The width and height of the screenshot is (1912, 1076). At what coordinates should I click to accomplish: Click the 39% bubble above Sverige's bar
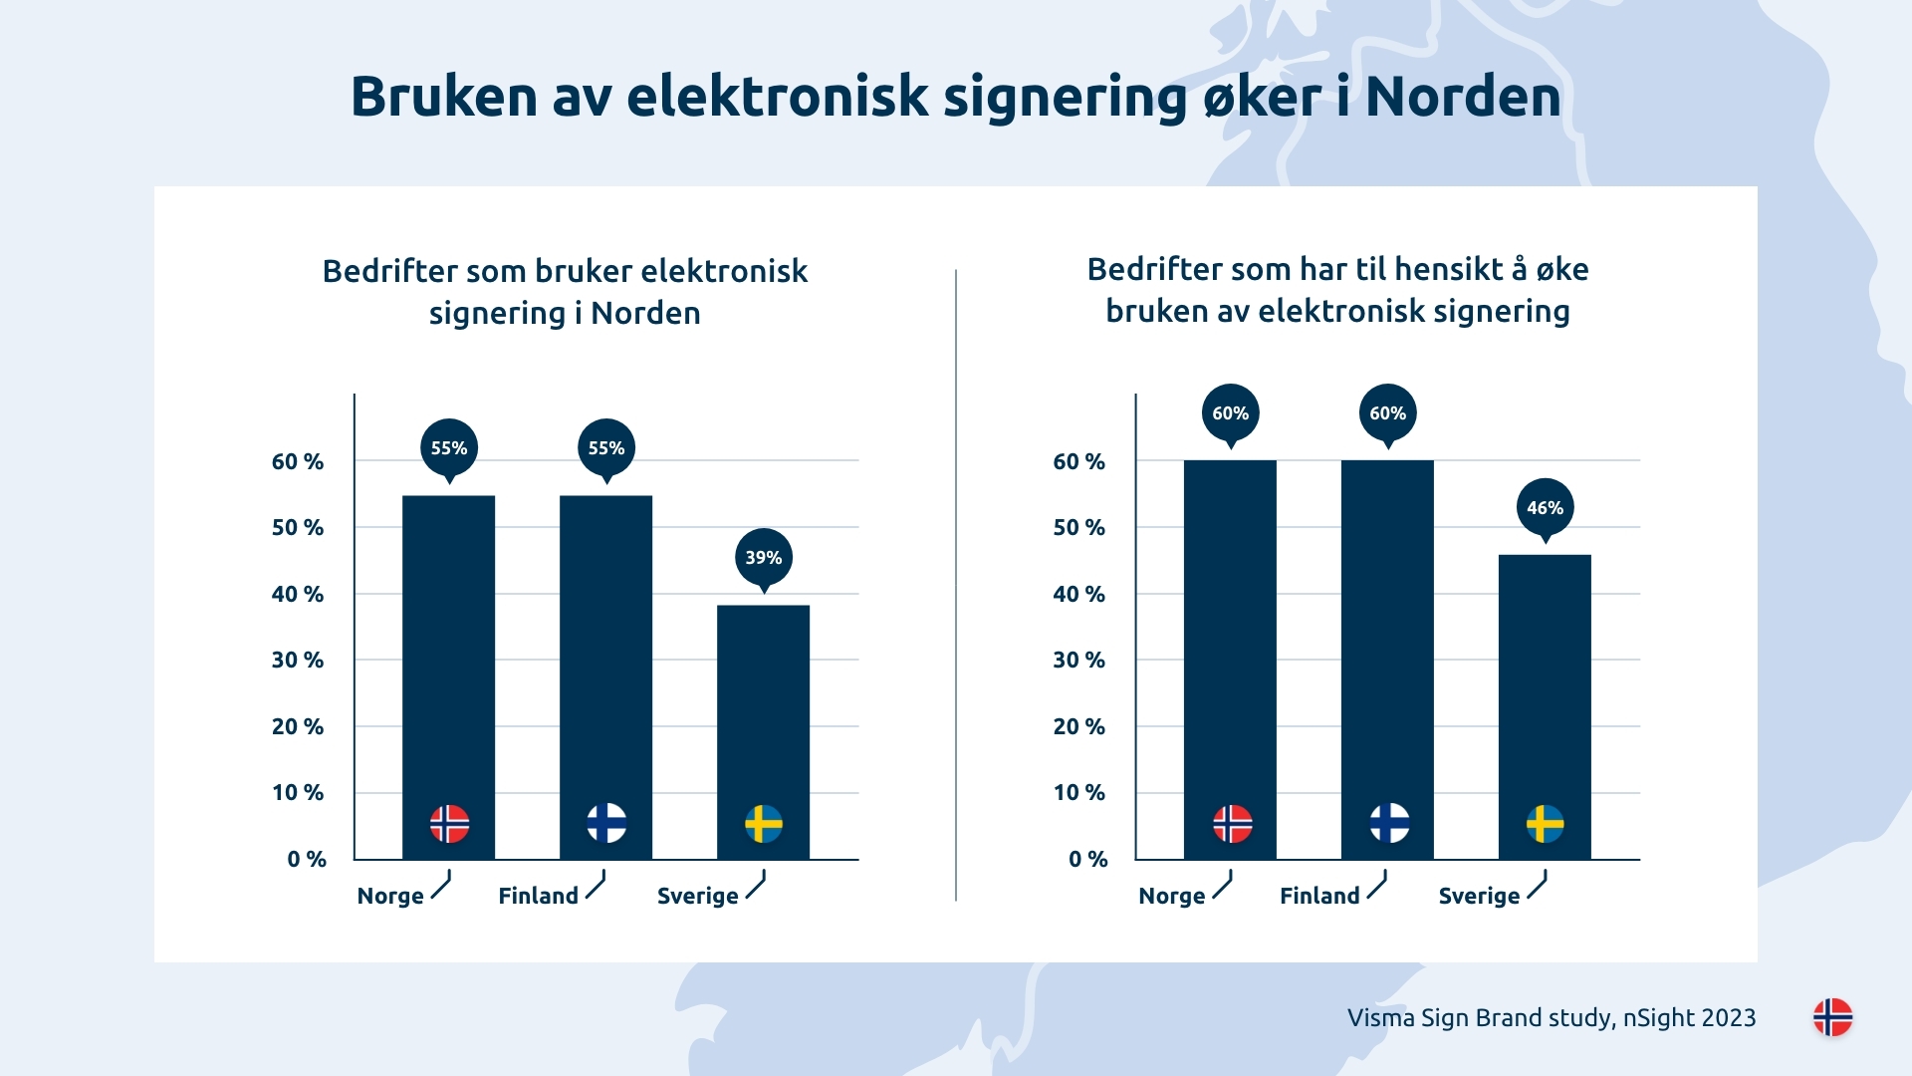tap(764, 557)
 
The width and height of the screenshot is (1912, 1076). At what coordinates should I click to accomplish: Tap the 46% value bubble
tap(1545, 507)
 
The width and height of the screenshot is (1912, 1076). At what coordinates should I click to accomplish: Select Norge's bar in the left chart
tap(448, 658)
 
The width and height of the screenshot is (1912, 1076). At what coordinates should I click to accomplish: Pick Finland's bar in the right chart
tap(1387, 638)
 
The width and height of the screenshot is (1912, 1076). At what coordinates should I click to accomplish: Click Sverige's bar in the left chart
tap(763, 707)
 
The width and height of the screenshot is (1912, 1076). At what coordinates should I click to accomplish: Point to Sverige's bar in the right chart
tap(1545, 687)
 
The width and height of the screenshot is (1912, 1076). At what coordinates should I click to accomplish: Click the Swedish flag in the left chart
tap(764, 824)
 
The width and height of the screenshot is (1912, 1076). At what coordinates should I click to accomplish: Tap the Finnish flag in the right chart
tap(1389, 824)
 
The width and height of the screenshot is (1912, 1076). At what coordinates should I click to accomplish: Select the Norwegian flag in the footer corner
tap(1832, 1017)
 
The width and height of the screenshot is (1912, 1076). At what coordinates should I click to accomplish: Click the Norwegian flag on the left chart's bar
tap(449, 824)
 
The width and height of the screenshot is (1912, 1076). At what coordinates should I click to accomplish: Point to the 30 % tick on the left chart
tap(298, 660)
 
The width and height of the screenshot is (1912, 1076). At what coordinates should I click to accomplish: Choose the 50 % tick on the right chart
tap(1079, 527)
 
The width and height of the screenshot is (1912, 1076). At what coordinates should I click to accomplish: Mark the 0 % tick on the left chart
tap(307, 859)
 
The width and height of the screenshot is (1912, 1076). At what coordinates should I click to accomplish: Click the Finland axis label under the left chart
tap(538, 896)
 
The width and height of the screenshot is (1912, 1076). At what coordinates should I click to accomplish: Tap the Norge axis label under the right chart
tap(1171, 896)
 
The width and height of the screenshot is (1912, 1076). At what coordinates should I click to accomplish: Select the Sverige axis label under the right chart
tap(1479, 896)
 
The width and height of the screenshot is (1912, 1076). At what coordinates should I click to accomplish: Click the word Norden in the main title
tap(1463, 97)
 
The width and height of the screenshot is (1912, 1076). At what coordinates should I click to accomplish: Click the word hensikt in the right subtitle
tap(1449, 269)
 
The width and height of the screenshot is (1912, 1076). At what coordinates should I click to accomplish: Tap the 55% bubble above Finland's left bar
tap(606, 448)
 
